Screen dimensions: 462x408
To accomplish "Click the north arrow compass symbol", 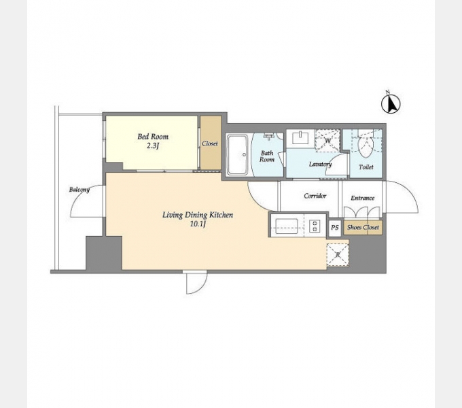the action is point(391,103).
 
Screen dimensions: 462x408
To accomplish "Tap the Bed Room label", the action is point(153,137).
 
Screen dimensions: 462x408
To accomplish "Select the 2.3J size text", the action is point(153,146).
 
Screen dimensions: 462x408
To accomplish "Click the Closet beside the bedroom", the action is point(211,143).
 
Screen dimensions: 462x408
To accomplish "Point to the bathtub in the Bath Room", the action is point(238,154).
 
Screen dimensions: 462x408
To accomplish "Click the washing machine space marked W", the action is point(327,140).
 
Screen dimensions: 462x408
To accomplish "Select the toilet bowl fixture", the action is point(366,146).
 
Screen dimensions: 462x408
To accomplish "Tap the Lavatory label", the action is point(320,164).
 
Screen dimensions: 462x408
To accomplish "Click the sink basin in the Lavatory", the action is point(300,137).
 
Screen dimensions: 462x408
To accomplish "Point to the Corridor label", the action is point(315,196).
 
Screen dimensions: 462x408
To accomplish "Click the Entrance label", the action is point(362,198).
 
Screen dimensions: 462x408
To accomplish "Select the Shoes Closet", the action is point(363,227).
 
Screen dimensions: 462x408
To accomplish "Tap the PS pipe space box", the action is point(335,228).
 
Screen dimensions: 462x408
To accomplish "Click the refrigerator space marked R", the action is point(338,255).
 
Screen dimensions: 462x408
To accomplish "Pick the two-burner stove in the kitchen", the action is point(315,226).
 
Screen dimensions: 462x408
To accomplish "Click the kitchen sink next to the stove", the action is point(287,226).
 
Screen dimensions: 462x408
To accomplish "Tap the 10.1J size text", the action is point(198,224).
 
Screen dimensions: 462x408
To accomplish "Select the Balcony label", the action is point(79,189).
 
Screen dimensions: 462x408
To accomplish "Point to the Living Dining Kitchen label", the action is point(198,215).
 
